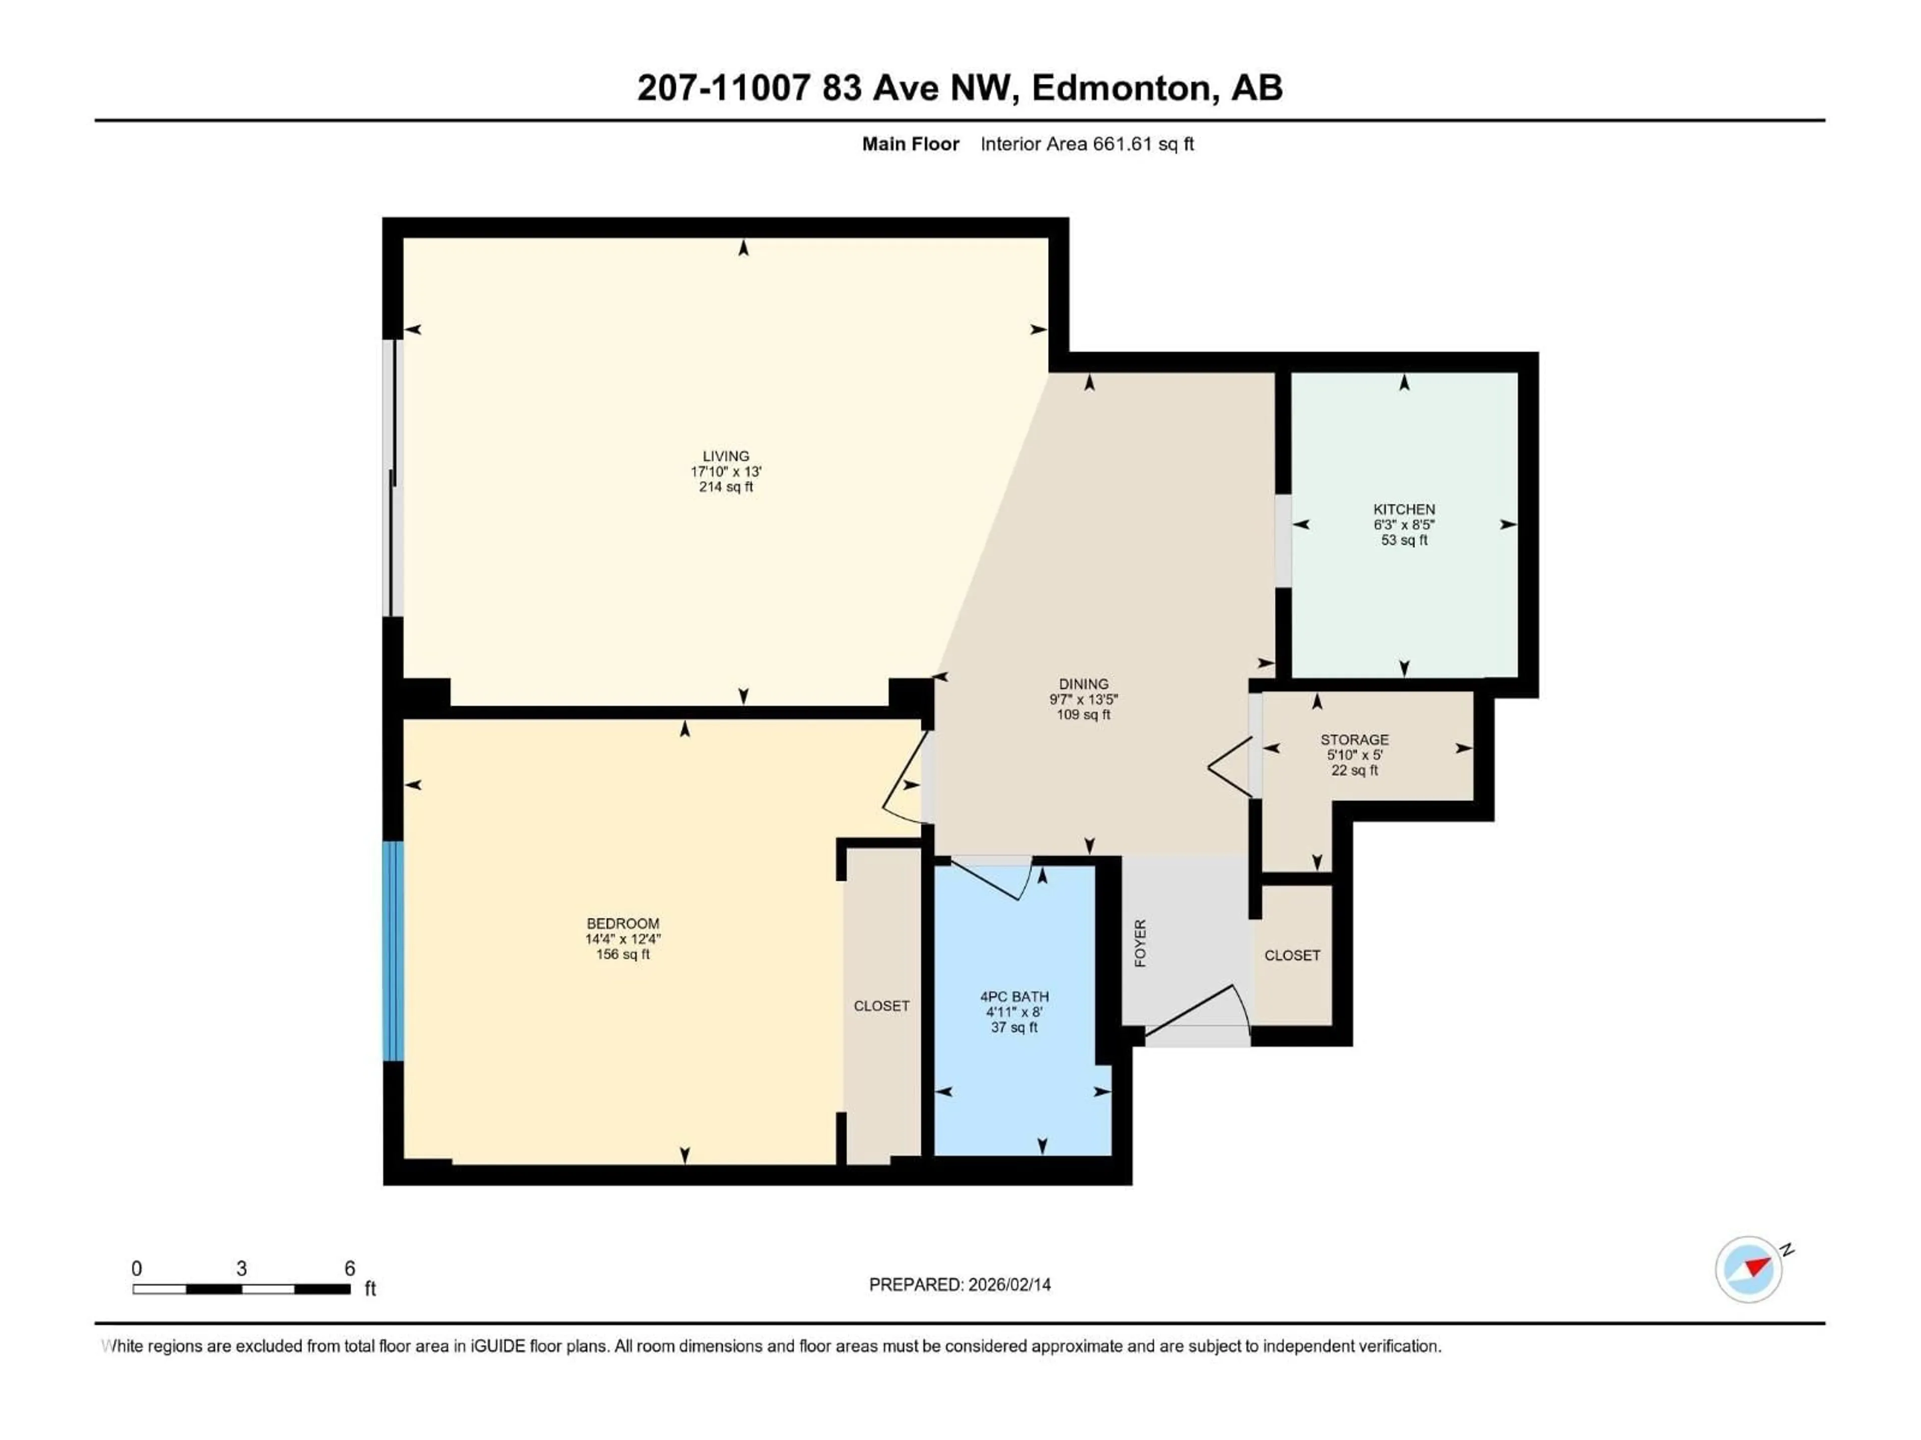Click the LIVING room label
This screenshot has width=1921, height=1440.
725,455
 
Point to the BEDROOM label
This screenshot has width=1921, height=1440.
623,923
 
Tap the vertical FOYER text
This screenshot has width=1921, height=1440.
1140,943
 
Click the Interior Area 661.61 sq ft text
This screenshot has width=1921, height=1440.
1087,144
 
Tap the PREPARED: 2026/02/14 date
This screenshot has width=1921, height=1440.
959,1284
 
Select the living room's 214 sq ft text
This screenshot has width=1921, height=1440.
725,487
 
